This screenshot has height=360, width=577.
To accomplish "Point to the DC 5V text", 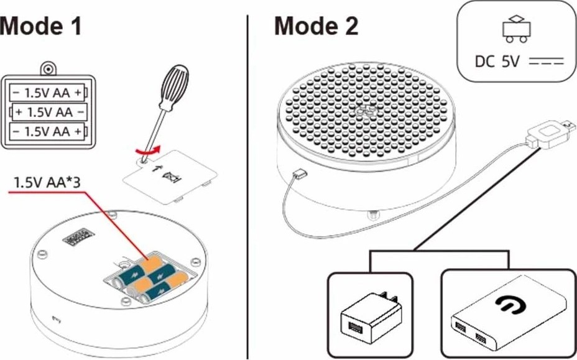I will click(497, 62).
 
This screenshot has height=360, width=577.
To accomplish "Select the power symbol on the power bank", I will click(510, 305).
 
